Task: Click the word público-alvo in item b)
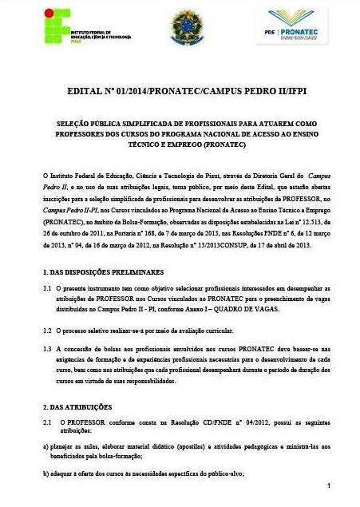point(226,473)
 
